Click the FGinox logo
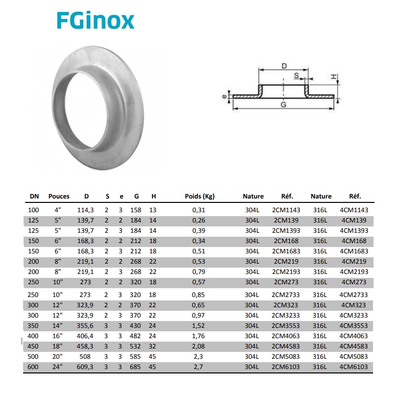95,21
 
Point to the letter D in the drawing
284,66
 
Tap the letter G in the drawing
283,104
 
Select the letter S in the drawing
296,75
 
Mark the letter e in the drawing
224,97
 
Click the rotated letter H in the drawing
333,76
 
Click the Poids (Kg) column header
200,197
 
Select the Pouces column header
59,197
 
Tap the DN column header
34,197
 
